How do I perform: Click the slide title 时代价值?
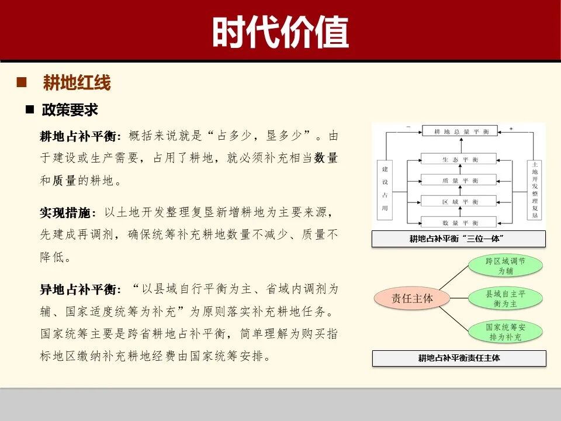280,32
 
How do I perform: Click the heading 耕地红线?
77,83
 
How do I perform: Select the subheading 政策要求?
70,109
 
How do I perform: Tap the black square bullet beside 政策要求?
30,109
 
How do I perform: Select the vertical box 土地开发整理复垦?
534,190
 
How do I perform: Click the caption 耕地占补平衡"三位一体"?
459,239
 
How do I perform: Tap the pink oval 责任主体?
413,299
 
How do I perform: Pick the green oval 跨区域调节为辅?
505,266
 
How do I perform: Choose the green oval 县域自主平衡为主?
505,299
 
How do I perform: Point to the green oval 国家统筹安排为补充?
505,332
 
